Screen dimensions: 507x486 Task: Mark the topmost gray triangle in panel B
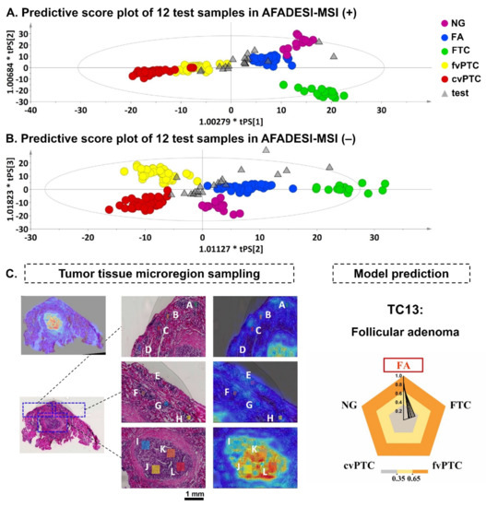(266, 148)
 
